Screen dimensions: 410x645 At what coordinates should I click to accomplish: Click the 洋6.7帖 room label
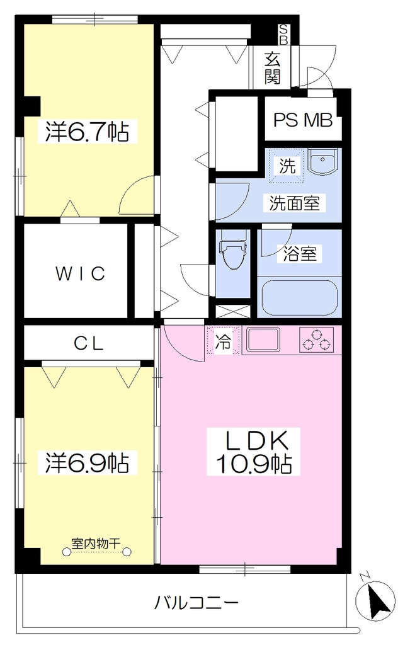coord(87,132)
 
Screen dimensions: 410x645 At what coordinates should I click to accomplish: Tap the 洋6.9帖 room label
coord(87,462)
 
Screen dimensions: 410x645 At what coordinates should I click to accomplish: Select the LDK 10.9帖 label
coord(253,452)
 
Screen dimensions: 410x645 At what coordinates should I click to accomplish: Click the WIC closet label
coord(81,273)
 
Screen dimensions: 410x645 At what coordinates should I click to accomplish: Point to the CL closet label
coord(88,343)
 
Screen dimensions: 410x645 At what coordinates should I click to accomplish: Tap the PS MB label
coord(303,120)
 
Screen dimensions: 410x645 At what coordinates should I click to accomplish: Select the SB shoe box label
coord(283,34)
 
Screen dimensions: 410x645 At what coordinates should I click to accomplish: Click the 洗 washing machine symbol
coord(287,166)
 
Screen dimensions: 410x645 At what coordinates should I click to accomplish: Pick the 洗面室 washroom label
coord(295,203)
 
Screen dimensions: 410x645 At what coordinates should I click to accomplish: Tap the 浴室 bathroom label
coord(299,253)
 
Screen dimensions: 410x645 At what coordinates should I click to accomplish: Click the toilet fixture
coord(233,250)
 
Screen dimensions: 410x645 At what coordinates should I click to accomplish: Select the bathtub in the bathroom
coord(300,298)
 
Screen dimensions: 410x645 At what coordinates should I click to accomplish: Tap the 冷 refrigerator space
coord(224,340)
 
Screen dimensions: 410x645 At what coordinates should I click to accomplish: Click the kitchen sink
coord(263,340)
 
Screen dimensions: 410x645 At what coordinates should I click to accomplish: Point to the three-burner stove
coord(316,340)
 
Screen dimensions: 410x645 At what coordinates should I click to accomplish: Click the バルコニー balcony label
coord(196,603)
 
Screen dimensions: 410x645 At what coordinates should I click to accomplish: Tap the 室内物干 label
coord(96,543)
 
